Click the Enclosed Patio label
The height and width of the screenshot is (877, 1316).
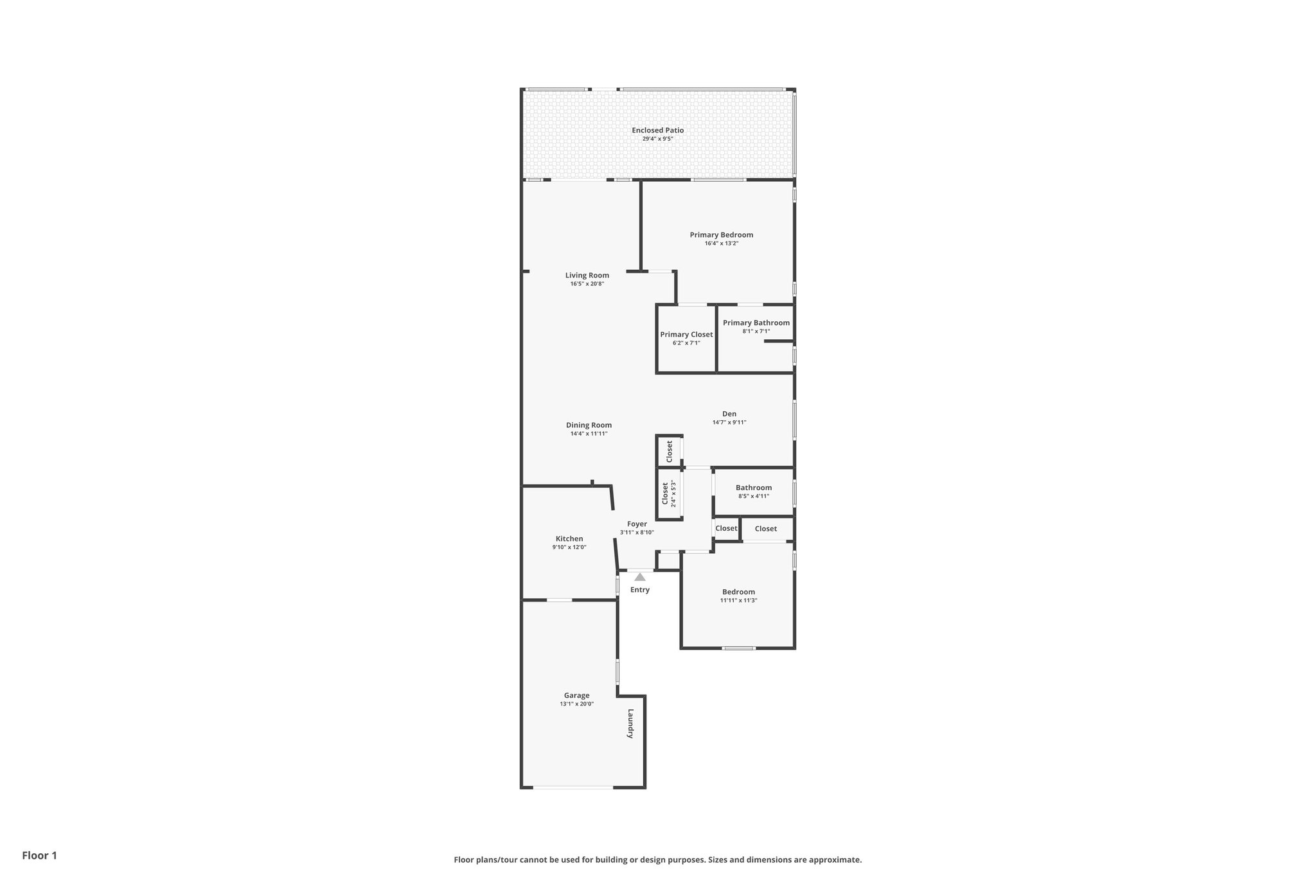click(x=657, y=130)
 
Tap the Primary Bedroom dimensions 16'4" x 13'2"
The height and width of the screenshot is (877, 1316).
click(x=721, y=244)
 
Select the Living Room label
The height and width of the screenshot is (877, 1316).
click(x=587, y=276)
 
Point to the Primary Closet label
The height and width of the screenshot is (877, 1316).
click(x=686, y=335)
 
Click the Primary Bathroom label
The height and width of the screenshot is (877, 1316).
click(x=756, y=323)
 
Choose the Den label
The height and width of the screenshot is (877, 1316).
click(x=729, y=414)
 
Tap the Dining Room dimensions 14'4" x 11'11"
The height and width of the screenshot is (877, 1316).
click(x=589, y=434)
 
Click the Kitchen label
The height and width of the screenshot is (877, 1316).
click(x=569, y=539)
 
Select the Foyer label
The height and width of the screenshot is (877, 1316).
click(x=637, y=524)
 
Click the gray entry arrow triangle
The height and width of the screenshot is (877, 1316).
click(x=639, y=577)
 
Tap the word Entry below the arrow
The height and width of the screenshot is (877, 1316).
click(x=639, y=590)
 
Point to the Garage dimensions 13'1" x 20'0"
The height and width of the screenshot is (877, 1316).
click(x=576, y=704)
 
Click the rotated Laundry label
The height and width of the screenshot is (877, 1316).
click(x=630, y=723)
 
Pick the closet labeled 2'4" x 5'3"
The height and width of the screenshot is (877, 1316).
click(x=669, y=494)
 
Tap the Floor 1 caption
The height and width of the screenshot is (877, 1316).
click(x=39, y=855)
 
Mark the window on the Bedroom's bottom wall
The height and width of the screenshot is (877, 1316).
click(x=738, y=648)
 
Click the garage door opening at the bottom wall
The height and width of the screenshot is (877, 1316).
click(x=573, y=787)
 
